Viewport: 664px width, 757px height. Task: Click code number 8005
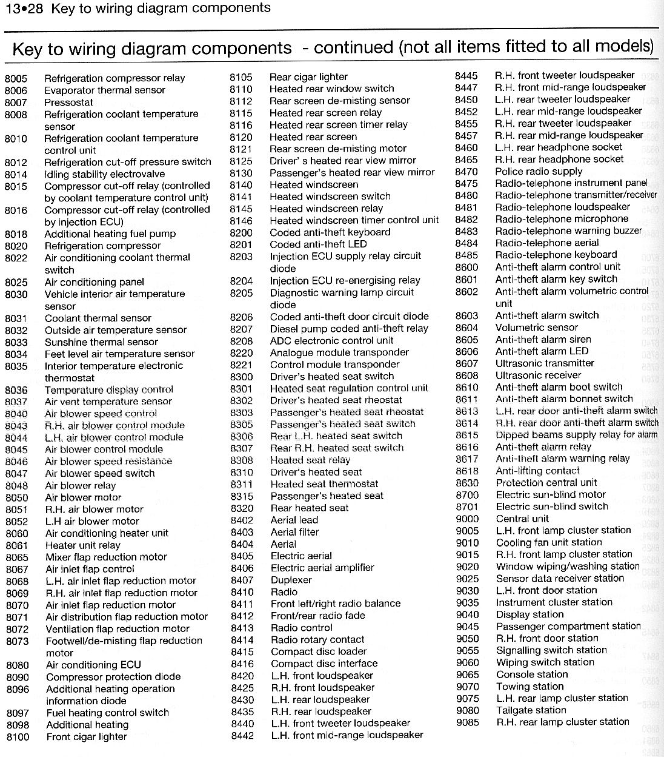16,78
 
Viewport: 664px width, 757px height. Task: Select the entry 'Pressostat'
68,102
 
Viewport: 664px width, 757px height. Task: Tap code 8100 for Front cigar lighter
18,737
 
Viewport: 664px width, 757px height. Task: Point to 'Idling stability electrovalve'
105,174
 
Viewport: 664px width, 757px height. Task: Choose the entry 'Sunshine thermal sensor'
101,342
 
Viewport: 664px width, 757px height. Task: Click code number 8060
18,533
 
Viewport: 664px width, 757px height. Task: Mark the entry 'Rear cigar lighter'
308,77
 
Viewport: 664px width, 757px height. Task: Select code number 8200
241,232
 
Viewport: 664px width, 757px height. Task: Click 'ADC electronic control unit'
332,340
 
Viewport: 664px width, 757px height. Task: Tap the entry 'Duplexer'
291,580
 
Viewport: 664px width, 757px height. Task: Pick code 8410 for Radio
242,591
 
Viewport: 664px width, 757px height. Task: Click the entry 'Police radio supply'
539,172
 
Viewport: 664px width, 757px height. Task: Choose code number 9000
467,519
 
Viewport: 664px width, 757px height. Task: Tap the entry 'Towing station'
530,687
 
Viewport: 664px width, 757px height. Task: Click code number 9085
468,722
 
